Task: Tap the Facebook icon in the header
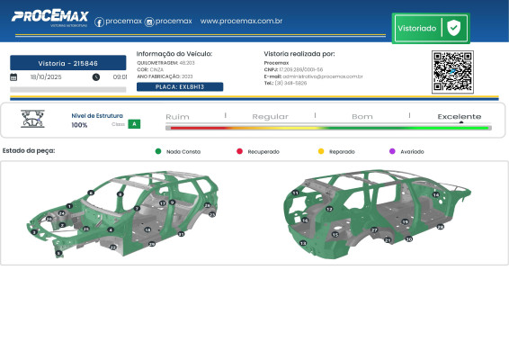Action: click(99, 22)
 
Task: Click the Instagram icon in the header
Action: click(149, 22)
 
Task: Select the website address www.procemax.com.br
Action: click(242, 21)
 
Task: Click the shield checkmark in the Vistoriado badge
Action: click(454, 28)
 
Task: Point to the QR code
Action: click(452, 72)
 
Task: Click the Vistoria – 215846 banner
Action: click(68, 63)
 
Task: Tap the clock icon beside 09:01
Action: click(96, 77)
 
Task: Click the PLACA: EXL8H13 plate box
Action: click(180, 86)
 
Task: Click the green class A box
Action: click(134, 124)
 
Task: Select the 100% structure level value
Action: click(79, 125)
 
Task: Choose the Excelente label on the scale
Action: click(459, 117)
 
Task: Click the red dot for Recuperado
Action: click(239, 152)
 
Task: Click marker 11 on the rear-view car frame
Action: click(295, 193)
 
